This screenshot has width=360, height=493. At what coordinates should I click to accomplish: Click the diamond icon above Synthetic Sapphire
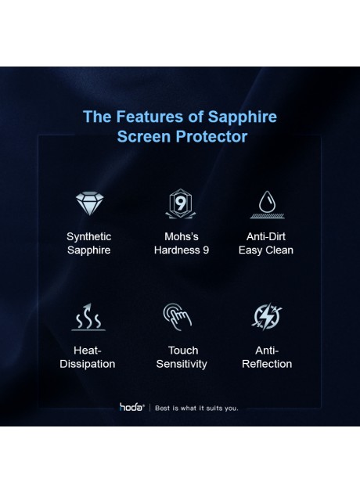(x=88, y=204)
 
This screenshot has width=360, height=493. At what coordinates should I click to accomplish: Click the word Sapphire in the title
(x=242, y=117)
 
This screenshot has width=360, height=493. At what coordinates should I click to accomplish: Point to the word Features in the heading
(x=151, y=117)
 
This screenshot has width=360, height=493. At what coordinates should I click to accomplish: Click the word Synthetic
(x=88, y=236)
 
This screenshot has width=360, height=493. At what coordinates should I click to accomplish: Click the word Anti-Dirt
(x=266, y=236)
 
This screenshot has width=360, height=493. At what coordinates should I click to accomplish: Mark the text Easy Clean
(x=266, y=250)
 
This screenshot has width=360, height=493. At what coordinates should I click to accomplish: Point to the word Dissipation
(x=88, y=364)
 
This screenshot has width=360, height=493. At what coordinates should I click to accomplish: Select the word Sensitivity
(x=182, y=364)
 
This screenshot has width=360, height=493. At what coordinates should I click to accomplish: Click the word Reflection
(x=267, y=364)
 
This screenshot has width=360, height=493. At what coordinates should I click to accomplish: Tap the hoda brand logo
(x=131, y=407)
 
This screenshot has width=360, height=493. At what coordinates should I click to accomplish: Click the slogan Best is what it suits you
(x=197, y=408)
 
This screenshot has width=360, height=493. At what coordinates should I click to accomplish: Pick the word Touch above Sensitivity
(x=182, y=350)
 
